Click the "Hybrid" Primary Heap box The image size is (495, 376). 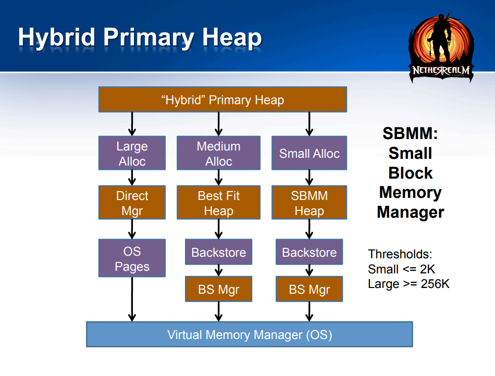point(222,99)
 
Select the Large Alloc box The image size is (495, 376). point(132,153)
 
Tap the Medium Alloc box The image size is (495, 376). point(218,153)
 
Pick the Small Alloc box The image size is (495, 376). point(310,153)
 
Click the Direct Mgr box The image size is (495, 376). point(132,203)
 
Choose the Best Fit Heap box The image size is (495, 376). point(218,203)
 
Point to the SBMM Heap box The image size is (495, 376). point(310,203)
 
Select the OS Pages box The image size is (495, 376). point(132,258)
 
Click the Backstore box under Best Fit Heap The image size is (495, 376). point(218,252)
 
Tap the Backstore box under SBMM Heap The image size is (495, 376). point(310,252)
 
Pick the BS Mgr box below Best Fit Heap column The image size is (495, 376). point(218,289)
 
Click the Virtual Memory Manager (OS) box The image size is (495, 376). point(250,334)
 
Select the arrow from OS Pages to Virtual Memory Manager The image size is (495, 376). point(132,299)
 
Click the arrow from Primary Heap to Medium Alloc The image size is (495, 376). point(218,124)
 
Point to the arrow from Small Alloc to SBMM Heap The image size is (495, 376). point(310,178)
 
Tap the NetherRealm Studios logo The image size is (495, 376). point(441,48)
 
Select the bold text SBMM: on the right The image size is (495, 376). point(410,133)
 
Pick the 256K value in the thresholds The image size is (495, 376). point(435,284)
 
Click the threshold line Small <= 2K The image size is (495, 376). point(401,269)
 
